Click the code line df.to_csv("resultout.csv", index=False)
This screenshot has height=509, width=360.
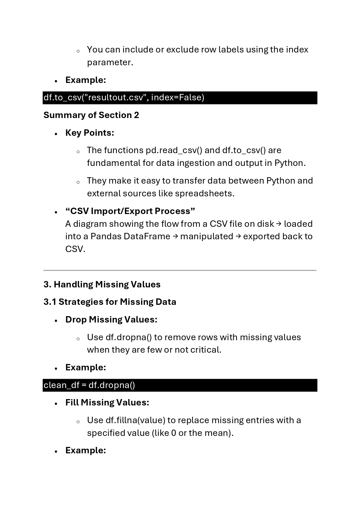(124, 97)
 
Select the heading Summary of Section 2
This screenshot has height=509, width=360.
(91, 115)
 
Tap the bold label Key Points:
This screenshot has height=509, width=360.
(90, 133)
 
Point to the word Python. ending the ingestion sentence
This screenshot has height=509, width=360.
(290, 163)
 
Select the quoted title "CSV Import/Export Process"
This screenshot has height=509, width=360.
(130, 211)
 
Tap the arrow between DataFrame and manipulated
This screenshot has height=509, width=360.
(175, 236)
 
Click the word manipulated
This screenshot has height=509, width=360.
(207, 236)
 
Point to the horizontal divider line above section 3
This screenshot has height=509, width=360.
(180, 270)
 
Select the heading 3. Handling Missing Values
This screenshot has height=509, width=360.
(102, 284)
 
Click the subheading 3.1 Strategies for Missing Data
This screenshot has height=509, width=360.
(110, 302)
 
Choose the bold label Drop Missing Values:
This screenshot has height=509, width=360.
(111, 320)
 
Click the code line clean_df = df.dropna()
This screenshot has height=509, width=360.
(89, 385)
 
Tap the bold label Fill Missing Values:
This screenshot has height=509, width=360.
(107, 403)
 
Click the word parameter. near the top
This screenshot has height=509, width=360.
(110, 62)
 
